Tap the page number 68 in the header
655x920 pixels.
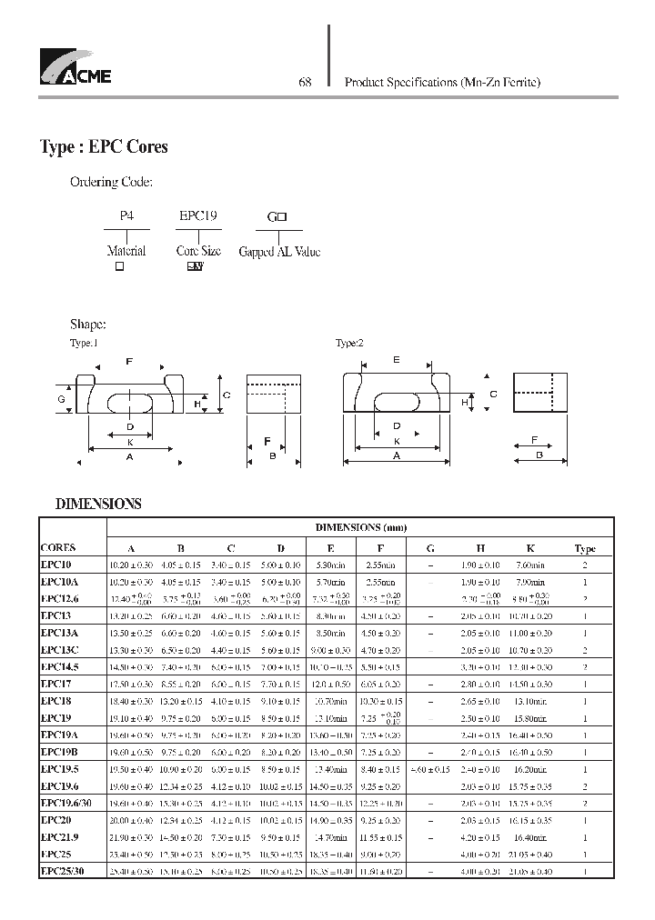point(306,82)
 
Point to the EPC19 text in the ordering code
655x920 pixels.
point(197,217)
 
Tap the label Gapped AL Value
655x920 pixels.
point(279,252)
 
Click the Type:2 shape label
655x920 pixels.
point(349,344)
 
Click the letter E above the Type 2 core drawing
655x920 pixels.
point(396,360)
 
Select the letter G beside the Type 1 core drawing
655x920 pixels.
point(61,399)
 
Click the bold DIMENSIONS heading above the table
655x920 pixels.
point(98,503)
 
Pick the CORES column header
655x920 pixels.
point(58,548)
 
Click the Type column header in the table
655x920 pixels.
point(585,548)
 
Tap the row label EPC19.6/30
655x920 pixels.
point(66,803)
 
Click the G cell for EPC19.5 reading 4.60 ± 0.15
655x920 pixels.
point(430,769)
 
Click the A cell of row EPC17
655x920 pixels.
point(131,684)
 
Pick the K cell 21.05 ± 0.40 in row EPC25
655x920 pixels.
point(529,855)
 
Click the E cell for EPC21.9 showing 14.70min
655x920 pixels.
point(330,838)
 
